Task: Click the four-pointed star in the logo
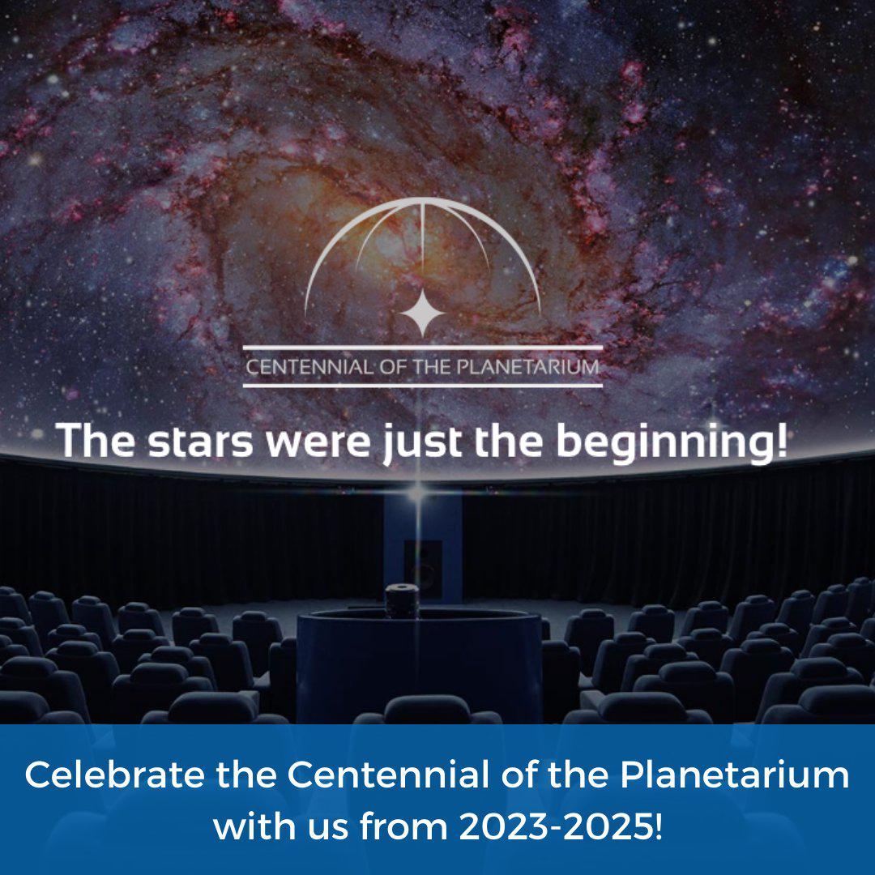[422, 313]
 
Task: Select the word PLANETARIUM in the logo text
[528, 367]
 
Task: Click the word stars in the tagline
[200, 441]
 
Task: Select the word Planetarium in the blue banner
[734, 775]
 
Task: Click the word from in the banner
[403, 826]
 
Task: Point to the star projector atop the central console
[402, 601]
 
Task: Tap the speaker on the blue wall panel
[422, 567]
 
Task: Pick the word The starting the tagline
[96, 441]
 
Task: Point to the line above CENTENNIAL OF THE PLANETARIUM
[422, 348]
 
